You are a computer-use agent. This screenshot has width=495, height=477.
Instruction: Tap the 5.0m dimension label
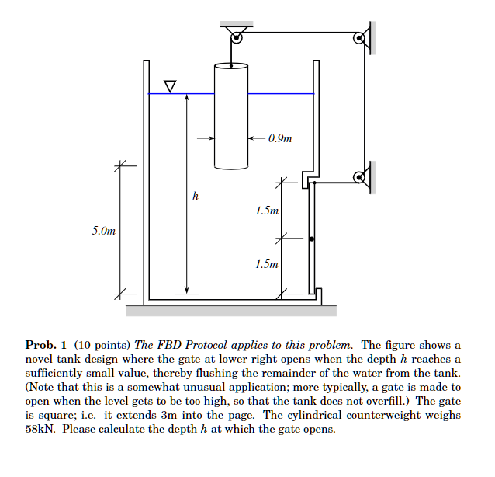click(x=103, y=231)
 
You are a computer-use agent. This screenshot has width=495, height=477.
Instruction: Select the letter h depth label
click(x=195, y=197)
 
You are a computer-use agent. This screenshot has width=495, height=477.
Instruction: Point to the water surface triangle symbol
click(x=170, y=84)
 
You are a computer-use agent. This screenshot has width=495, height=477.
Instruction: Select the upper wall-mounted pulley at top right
click(x=359, y=38)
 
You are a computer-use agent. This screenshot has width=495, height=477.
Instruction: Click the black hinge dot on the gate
click(x=311, y=239)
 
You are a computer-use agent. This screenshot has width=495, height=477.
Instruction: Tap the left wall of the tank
click(x=145, y=179)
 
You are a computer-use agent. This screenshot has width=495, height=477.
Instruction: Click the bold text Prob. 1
click(x=47, y=345)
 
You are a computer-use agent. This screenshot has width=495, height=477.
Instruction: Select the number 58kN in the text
click(x=38, y=429)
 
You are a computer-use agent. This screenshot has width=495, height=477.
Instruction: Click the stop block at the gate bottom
click(x=318, y=295)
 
